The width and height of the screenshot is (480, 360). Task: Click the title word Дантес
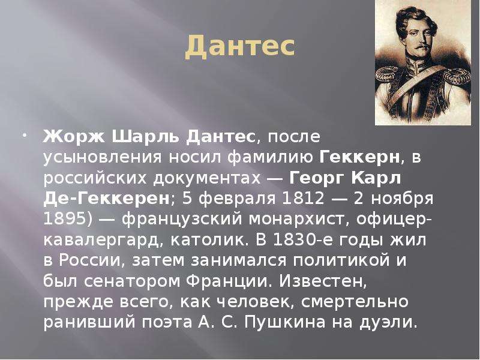[240, 47]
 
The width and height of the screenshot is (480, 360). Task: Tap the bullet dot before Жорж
[25, 135]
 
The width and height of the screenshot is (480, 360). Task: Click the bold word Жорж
[74, 136]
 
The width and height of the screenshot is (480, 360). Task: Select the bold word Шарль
[145, 136]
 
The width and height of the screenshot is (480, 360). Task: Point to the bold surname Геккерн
[359, 157]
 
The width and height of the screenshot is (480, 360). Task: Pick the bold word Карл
[376, 178]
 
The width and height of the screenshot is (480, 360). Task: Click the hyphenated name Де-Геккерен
[107, 199]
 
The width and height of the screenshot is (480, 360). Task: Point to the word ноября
[402, 199]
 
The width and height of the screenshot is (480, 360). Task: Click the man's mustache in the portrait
[422, 46]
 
